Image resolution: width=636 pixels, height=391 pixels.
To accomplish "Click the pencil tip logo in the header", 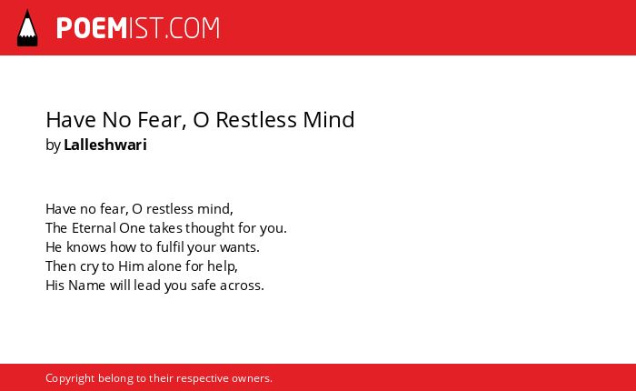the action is pos(27,27).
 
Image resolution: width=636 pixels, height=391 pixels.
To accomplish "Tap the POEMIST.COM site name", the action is pos(138,28).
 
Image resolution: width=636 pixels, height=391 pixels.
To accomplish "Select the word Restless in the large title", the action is pos(256,120).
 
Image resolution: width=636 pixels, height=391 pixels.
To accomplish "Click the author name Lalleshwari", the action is pos(105,145).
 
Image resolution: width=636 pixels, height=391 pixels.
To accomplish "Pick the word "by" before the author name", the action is pos(53,145).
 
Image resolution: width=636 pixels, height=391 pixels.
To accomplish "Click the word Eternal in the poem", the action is pos(94,227).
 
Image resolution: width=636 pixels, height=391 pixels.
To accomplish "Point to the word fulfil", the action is pos(170,246).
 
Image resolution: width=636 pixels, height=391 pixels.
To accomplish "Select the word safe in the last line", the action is pos(204,285).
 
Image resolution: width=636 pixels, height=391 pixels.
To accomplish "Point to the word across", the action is pos(242,286).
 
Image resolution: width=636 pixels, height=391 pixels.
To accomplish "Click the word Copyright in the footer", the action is pos(70,379).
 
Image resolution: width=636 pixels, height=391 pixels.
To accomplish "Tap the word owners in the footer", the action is pos(252,379).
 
